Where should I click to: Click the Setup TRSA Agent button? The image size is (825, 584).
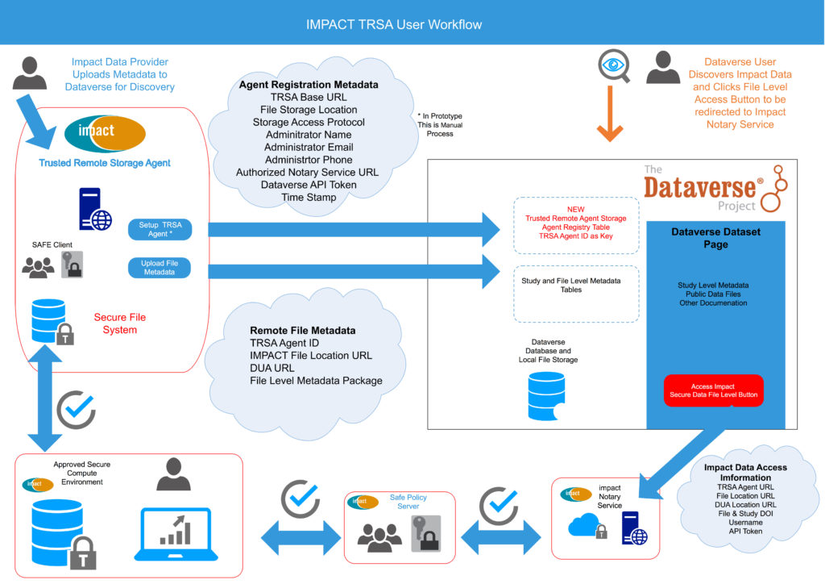tap(160, 229)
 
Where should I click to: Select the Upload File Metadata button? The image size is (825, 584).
tap(160, 268)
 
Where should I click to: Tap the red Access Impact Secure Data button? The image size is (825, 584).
tap(714, 390)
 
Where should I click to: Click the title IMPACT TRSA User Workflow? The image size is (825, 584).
tap(394, 25)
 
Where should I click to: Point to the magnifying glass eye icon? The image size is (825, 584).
tap(614, 66)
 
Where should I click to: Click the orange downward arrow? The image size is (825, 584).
tap(611, 114)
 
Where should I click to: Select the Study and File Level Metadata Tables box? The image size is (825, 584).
tap(576, 294)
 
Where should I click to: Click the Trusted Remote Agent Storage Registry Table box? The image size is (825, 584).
tap(576, 225)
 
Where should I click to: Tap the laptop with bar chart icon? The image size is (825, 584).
tap(176, 534)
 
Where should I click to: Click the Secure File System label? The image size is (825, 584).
tap(120, 323)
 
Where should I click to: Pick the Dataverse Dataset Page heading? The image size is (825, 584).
tap(715, 238)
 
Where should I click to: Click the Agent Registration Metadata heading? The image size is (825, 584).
tap(309, 84)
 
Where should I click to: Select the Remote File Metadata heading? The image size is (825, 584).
tap(303, 330)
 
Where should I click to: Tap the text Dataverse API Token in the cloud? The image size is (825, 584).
tap(309, 185)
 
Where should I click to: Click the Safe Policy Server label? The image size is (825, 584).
tap(408, 502)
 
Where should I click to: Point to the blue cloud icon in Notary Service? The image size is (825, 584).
tap(584, 524)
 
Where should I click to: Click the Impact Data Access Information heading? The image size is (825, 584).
tap(745, 473)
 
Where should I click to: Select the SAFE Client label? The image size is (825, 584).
tap(52, 245)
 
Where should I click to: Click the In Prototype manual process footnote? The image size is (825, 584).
tap(440, 125)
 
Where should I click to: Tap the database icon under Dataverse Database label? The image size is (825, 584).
tap(547, 396)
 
